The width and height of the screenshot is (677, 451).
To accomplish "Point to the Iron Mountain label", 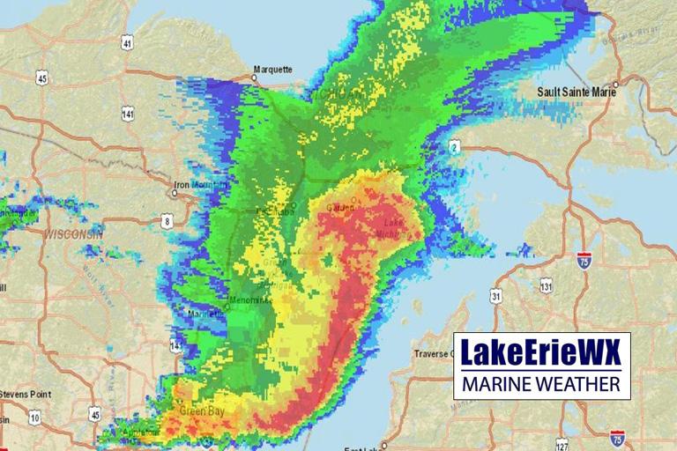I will tap(194, 186).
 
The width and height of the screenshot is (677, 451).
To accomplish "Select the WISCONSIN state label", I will tap(72, 236).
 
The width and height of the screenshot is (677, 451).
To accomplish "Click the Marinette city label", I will tap(208, 314).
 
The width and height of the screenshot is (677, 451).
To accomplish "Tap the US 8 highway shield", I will tap(167, 221).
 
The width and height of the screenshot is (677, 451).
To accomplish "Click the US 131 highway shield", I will tap(547, 285).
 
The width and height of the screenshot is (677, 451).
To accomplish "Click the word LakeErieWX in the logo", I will tap(541, 355).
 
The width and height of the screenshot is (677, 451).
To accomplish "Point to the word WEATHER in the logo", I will tap(579, 385).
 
